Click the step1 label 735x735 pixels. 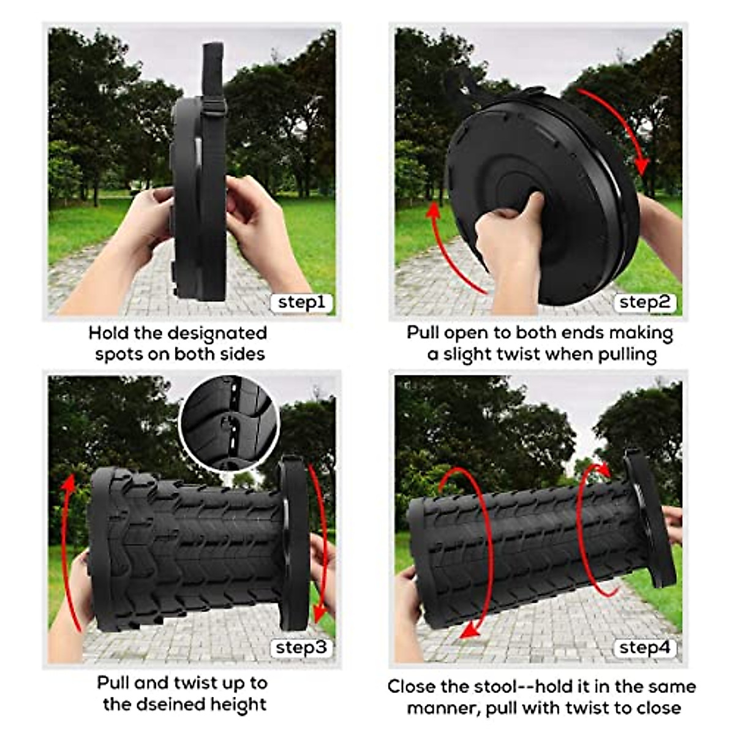[x=301, y=303]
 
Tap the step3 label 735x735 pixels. [x=301, y=648]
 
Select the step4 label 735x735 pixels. [x=644, y=648]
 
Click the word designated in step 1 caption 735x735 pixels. [x=217, y=333]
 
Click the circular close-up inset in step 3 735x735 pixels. [x=230, y=422]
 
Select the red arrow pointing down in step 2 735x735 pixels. [x=622, y=129]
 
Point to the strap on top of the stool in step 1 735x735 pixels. [x=213, y=67]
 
